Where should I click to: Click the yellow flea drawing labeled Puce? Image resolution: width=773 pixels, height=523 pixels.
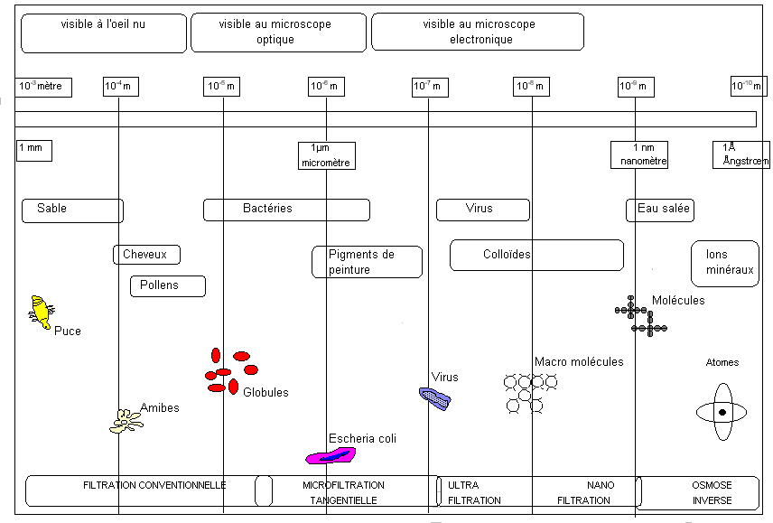pyautogui.click(x=41, y=312)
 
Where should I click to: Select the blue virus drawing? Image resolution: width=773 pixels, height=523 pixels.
pyautogui.click(x=434, y=397)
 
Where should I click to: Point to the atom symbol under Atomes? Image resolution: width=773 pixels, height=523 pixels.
pyautogui.click(x=722, y=413)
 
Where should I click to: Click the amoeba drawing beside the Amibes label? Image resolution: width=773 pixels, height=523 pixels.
pyautogui.click(x=125, y=419)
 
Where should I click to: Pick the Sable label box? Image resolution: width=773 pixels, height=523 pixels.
pyautogui.click(x=72, y=210)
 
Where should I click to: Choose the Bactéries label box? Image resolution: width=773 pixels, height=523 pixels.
pyautogui.click(x=286, y=210)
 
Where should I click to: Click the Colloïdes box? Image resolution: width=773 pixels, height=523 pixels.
pyautogui.click(x=536, y=255)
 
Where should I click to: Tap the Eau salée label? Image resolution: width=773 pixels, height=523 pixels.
pyautogui.click(x=660, y=210)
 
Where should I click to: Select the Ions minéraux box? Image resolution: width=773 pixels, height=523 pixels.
pyautogui.click(x=725, y=263)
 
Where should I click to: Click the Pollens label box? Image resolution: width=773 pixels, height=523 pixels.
pyautogui.click(x=168, y=286)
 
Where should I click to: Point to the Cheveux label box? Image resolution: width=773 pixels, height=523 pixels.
pyautogui.click(x=146, y=255)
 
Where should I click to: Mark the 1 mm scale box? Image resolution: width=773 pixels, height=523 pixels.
pyautogui.click(x=33, y=150)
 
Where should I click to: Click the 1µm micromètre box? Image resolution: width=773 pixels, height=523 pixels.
pyautogui.click(x=326, y=154)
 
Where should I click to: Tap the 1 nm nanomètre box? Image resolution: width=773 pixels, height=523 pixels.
pyautogui.click(x=638, y=154)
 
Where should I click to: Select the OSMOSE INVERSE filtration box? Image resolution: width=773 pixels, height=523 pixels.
pyautogui.click(x=712, y=492)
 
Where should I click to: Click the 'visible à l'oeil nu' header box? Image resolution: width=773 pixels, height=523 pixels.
pyautogui.click(x=103, y=33)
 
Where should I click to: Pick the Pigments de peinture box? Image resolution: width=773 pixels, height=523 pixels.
pyautogui.click(x=367, y=262)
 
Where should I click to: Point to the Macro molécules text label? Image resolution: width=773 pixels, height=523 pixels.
pyautogui.click(x=579, y=362)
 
